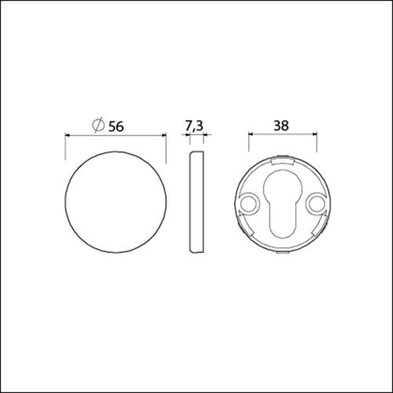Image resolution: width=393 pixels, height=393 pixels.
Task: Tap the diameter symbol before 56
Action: pyautogui.click(x=97, y=125)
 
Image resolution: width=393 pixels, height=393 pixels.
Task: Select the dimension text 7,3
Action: pyautogui.click(x=195, y=125)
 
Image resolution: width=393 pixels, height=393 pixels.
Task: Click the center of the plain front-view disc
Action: pyautogui.click(x=115, y=201)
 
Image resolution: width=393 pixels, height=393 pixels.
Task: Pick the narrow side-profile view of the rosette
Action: pyautogui.click(x=196, y=201)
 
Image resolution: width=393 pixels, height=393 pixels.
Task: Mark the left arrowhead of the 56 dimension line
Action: pyautogui.click(x=66, y=135)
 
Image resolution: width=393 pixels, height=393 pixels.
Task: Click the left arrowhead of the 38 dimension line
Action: pyautogui.click(x=251, y=135)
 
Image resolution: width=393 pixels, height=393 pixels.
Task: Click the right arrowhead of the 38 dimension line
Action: pyautogui.click(x=314, y=135)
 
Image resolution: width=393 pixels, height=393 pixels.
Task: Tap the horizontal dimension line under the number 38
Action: pyautogui.click(x=283, y=135)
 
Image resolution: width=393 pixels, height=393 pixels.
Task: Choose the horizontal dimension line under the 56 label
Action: pyautogui.click(x=115, y=135)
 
